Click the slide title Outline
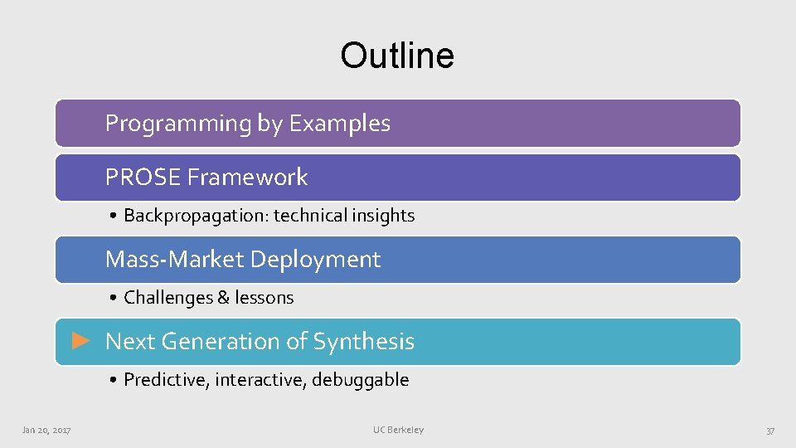[x=397, y=56]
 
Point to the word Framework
[x=247, y=177]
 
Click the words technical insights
[x=344, y=216]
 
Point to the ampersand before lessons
[x=223, y=298]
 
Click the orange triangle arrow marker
[x=80, y=340]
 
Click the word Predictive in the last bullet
[x=166, y=380]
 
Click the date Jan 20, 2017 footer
[x=46, y=430]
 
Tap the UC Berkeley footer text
[x=398, y=430]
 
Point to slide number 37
[x=770, y=431]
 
